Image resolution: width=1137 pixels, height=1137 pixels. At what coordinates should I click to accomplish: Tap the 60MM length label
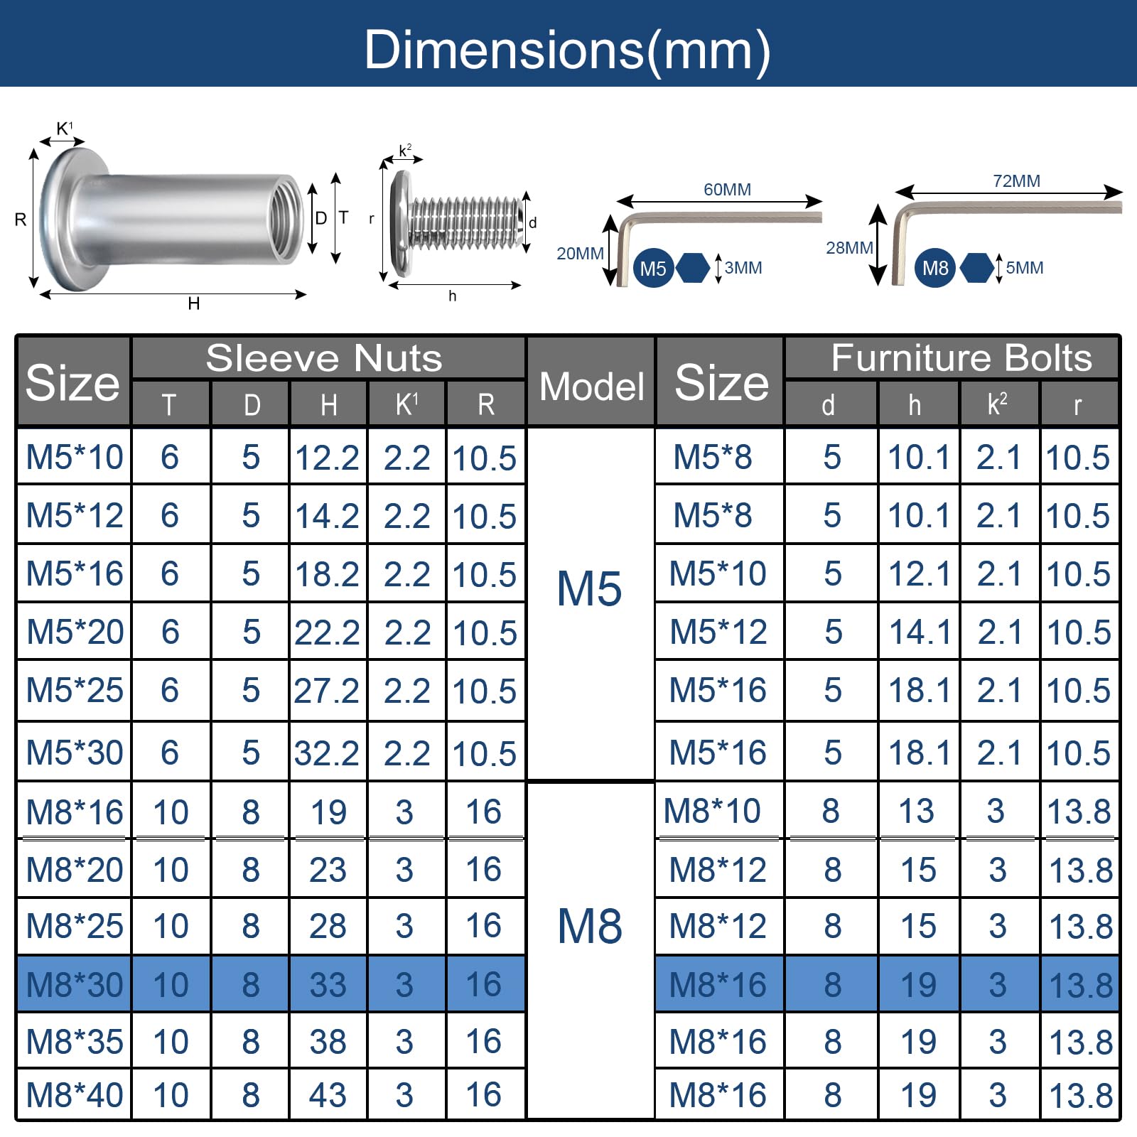pyautogui.click(x=727, y=190)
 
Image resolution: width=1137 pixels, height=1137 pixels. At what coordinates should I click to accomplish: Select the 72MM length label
pyautogui.click(x=1016, y=181)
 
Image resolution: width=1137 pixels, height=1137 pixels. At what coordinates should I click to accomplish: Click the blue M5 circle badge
pyautogui.click(x=653, y=268)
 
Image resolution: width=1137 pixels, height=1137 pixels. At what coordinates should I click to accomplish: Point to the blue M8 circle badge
pyautogui.click(x=934, y=268)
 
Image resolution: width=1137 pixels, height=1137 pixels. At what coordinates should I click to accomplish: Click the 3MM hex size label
pyautogui.click(x=743, y=268)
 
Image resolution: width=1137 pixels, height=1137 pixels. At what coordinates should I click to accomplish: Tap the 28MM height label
pyautogui.click(x=849, y=248)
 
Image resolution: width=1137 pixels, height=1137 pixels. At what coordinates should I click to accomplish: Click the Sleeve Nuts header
pyautogui.click(x=324, y=357)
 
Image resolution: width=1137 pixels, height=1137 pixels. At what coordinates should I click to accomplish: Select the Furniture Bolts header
pyautogui.click(x=961, y=357)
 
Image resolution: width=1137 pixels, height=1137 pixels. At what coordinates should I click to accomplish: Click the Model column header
pyautogui.click(x=591, y=387)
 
